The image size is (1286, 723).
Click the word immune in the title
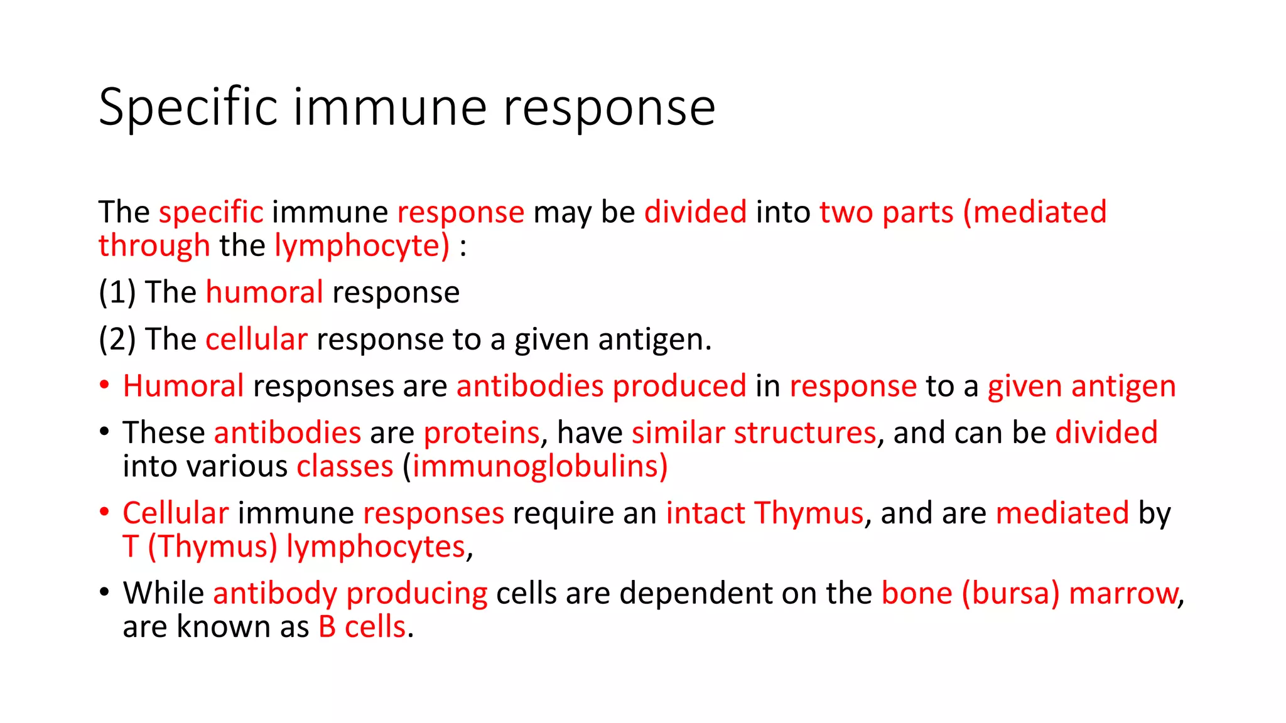(x=389, y=108)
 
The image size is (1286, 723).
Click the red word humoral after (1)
(x=264, y=293)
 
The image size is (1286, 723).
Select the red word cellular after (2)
(x=256, y=340)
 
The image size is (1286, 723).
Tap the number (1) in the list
(x=117, y=293)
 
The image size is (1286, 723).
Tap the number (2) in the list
(x=117, y=340)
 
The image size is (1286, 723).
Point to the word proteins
(x=481, y=433)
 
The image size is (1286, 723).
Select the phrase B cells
(x=362, y=627)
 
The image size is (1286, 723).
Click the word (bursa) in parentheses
(x=1010, y=594)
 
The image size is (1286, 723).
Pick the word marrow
(x=1123, y=594)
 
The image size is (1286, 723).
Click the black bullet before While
(x=105, y=592)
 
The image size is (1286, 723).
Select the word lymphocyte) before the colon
(x=362, y=246)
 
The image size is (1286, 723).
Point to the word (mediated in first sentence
(x=1034, y=212)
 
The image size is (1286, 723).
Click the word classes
(x=345, y=467)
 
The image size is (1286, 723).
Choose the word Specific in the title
(x=188, y=108)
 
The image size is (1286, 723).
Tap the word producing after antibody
(x=416, y=594)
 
